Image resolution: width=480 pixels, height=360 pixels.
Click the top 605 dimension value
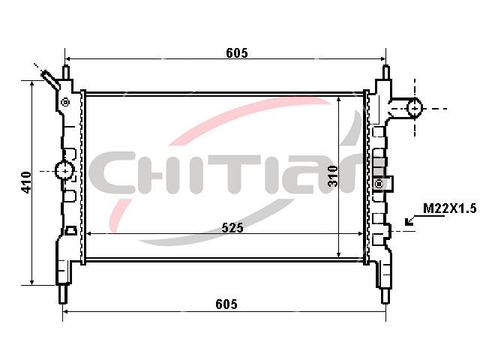[237, 53]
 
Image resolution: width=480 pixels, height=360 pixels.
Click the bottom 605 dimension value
[226, 304]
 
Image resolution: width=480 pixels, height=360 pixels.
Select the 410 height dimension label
[26, 182]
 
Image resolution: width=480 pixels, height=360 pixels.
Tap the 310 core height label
[333, 176]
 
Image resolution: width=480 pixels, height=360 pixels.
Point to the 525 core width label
[232, 228]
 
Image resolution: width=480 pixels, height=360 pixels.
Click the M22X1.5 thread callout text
[450, 208]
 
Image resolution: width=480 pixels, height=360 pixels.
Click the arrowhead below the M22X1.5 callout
[409, 221]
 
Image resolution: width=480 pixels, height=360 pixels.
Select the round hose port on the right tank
[415, 108]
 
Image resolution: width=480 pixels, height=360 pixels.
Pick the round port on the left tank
[64, 170]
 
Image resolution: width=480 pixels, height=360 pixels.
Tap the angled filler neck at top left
[50, 80]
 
